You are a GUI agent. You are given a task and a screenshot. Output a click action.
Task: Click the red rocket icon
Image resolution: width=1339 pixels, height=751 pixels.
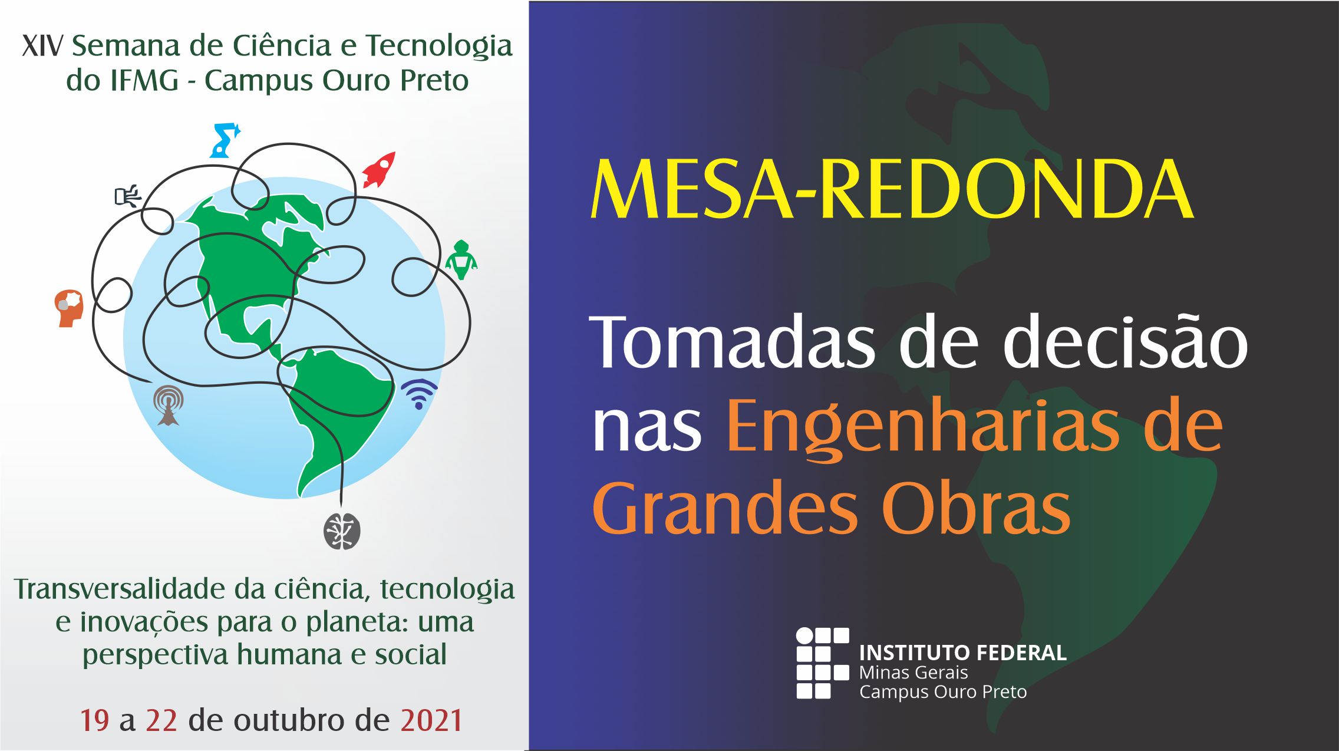378,170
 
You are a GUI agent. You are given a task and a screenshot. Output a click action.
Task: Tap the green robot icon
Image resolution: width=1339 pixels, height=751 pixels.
461,259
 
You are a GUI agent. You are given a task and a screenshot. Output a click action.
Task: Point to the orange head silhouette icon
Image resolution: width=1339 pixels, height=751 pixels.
69,308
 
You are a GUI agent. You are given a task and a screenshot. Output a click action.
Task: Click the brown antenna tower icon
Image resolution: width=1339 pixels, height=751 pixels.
169,405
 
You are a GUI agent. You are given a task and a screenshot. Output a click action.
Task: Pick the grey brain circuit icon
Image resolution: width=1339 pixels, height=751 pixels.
342,531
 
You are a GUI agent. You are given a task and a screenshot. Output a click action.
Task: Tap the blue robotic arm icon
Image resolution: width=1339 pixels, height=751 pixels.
225,140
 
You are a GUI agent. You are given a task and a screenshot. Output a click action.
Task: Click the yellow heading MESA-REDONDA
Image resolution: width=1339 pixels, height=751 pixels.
892,190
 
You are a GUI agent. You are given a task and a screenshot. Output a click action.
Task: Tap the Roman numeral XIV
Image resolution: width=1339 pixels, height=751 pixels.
42,46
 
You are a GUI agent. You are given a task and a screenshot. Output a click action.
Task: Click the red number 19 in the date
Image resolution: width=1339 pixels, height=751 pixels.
95,720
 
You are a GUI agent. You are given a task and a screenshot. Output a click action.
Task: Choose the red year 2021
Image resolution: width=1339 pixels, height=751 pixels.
431,720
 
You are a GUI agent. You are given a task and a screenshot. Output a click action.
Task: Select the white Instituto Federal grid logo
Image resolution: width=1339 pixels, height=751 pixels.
823,663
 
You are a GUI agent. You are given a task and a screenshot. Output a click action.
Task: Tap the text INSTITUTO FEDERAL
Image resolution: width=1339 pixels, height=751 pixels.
963,653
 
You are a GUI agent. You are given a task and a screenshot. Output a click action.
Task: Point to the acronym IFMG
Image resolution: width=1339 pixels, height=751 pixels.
143,81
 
